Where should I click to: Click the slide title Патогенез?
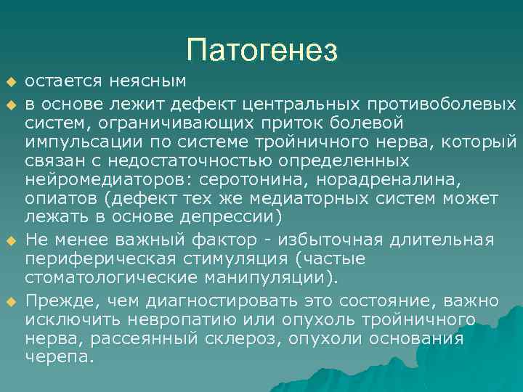click(x=261, y=49)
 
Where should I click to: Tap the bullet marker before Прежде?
click(x=11, y=301)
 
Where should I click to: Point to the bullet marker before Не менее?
click(x=11, y=240)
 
